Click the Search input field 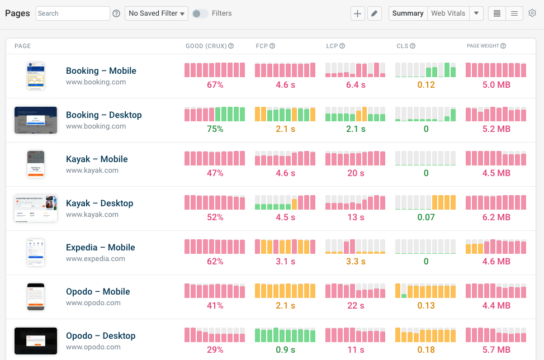coord(73,13)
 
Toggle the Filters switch coord(200,13)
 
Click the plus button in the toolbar coord(357,13)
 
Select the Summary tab coord(408,13)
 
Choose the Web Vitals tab coord(448,13)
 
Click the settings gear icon coord(532,13)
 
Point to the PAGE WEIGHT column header coord(483,46)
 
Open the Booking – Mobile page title coord(101,70)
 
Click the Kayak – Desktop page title coord(100,203)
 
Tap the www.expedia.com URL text coord(96,259)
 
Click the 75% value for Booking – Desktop coord(215,129)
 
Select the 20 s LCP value coord(356,173)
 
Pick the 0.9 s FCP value coord(285,350)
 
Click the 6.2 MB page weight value coord(496,217)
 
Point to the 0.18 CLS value coord(426,350)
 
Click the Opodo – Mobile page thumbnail coord(36,297)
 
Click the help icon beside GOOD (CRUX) coord(231,46)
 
